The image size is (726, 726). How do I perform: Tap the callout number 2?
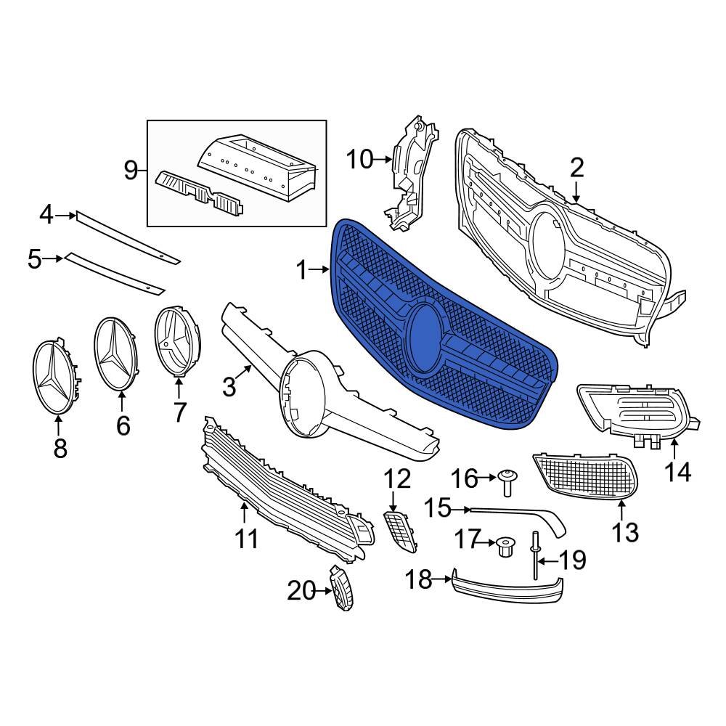pos(576,168)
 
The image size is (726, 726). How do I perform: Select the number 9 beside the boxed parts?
pos(131,171)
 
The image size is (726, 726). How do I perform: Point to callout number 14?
pos(678,473)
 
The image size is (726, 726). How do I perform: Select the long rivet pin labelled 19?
pos(536,557)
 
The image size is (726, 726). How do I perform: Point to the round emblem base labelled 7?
pos(177,342)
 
